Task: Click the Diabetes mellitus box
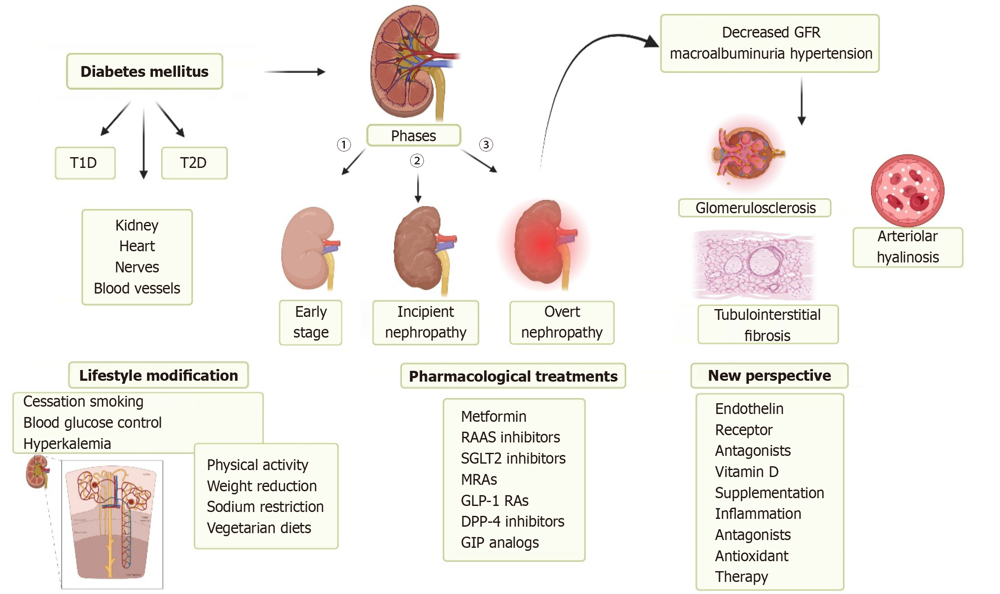pyautogui.click(x=144, y=72)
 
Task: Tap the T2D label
pyautogui.click(x=194, y=163)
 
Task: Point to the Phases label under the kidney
pyautogui.click(x=413, y=136)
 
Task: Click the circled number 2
pyautogui.click(x=417, y=161)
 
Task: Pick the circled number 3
pyautogui.click(x=486, y=145)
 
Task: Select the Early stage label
pyautogui.click(x=310, y=322)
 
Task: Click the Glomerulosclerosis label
pyautogui.click(x=755, y=208)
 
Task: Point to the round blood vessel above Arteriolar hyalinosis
pyautogui.click(x=907, y=190)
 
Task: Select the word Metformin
pyautogui.click(x=494, y=417)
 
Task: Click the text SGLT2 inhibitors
pyautogui.click(x=513, y=458)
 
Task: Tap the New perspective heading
pyautogui.click(x=769, y=376)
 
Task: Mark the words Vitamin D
pyautogui.click(x=746, y=472)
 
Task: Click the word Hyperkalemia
pyautogui.click(x=67, y=444)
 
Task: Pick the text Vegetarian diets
pyautogui.click(x=259, y=528)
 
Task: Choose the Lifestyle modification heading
pyautogui.click(x=158, y=376)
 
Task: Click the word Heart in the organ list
pyautogui.click(x=137, y=246)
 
